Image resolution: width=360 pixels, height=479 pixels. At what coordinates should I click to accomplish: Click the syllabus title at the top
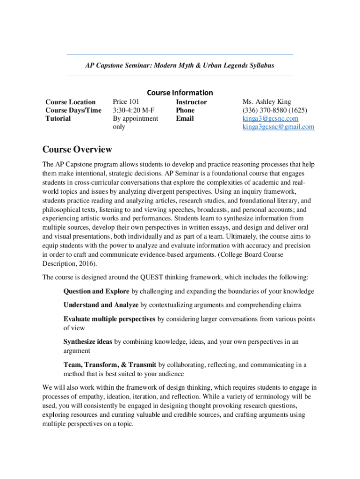[180, 65]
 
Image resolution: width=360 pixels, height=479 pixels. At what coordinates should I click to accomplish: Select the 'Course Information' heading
[180, 93]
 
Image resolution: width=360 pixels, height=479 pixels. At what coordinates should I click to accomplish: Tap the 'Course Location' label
[71, 102]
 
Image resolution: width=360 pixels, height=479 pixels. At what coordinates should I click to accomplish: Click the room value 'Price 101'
[126, 102]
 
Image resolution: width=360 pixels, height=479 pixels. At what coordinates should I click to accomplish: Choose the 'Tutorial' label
[58, 118]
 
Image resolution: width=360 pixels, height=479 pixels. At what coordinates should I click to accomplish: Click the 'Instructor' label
[191, 102]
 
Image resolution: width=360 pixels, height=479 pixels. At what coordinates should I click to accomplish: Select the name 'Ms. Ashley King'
[266, 102]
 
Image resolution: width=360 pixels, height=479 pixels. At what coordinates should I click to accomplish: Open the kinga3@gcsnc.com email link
[270, 118]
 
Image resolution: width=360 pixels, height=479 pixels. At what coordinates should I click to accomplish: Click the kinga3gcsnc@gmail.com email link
[278, 127]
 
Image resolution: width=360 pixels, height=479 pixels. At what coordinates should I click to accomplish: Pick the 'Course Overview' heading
[77, 150]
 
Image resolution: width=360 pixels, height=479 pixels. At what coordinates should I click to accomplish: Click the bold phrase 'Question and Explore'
[96, 291]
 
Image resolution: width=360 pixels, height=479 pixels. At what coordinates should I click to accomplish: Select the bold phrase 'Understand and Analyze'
[101, 305]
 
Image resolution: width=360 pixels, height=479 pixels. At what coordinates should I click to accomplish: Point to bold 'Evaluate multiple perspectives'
[109, 319]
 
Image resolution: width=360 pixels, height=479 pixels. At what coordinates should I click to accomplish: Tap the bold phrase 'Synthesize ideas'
[88, 341]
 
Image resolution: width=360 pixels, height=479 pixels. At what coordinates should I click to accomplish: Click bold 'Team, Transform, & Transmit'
[110, 365]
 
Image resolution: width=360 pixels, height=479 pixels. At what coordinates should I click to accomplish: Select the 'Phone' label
[185, 110]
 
